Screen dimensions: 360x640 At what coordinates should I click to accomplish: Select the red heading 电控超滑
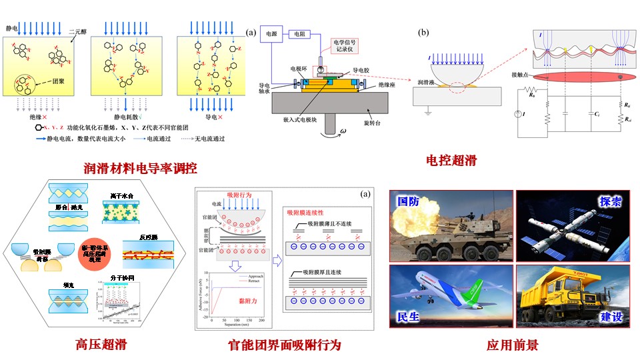[x=452, y=160]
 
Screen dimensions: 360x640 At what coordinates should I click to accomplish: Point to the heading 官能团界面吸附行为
[x=285, y=345]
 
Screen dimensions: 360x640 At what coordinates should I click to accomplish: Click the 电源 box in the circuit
[x=271, y=32]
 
